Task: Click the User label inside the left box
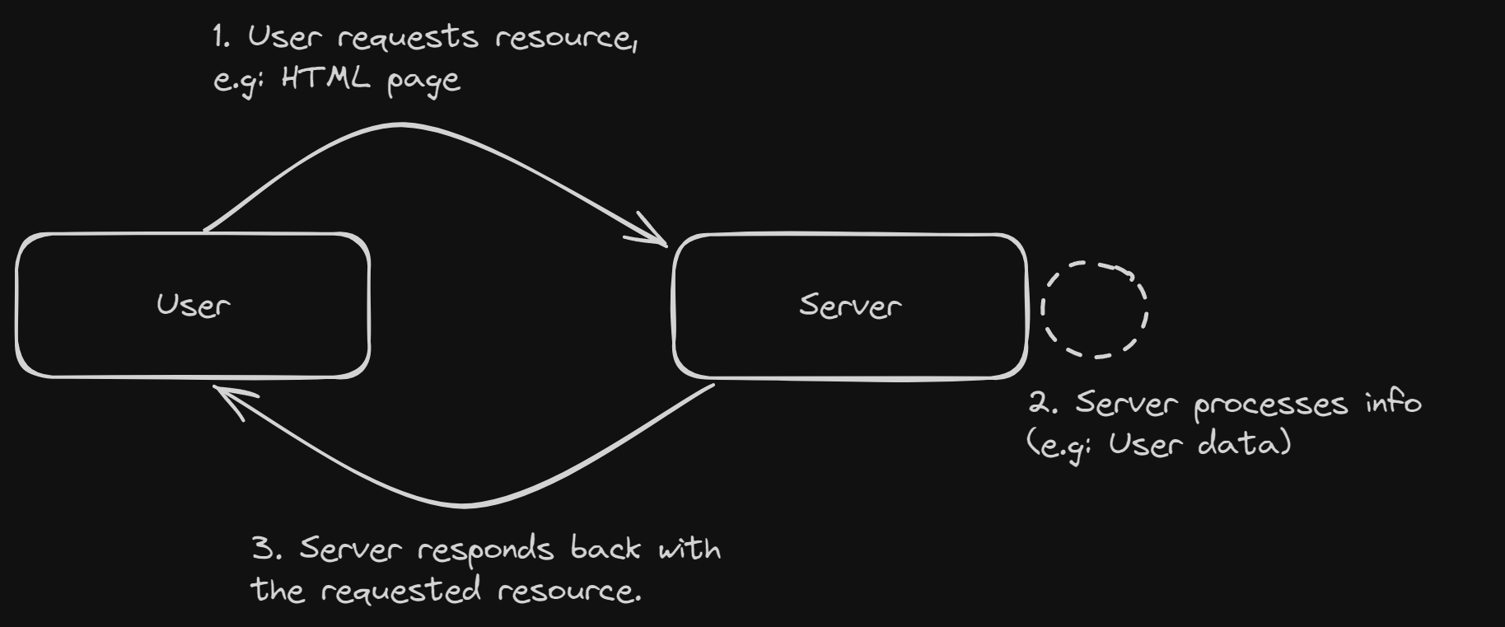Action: coord(193,306)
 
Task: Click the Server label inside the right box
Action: coord(850,306)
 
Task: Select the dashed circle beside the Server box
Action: coord(1095,310)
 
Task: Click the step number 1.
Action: coord(220,36)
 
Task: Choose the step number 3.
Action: coord(264,549)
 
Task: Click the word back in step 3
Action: coord(605,549)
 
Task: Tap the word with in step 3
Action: coord(689,549)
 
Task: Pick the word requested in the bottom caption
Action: coord(400,591)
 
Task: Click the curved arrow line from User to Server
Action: coord(400,125)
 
